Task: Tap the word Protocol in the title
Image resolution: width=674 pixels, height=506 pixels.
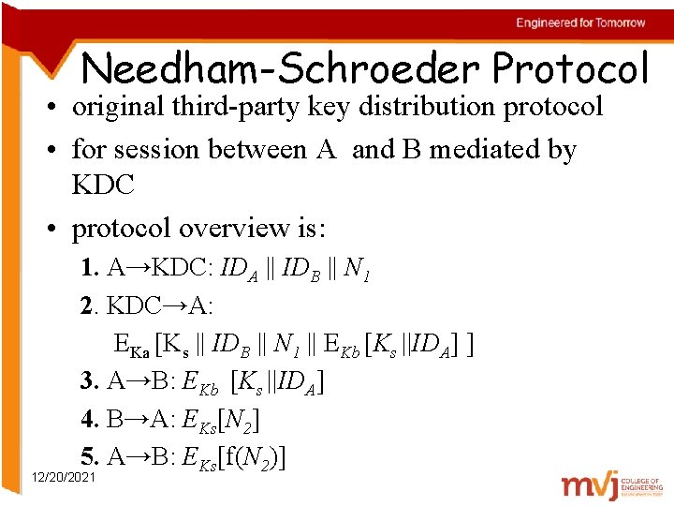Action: click(570, 68)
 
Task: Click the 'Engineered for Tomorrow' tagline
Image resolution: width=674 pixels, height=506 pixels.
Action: click(580, 22)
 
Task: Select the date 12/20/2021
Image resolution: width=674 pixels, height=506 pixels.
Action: click(63, 478)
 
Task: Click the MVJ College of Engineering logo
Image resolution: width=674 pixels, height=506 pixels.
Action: click(612, 484)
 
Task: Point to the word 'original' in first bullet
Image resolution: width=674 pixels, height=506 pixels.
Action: click(118, 107)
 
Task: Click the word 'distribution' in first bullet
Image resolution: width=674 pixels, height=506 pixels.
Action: click(416, 107)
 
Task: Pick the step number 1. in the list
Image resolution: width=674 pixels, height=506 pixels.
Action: click(90, 269)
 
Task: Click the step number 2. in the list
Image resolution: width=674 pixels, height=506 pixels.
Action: click(90, 306)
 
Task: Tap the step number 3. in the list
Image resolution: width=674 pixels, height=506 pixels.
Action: click(90, 381)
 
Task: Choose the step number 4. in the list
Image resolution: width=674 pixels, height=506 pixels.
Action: click(90, 419)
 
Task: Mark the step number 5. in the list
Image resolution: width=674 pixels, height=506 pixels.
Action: click(90, 456)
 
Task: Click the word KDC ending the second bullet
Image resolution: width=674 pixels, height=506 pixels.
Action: click(103, 185)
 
